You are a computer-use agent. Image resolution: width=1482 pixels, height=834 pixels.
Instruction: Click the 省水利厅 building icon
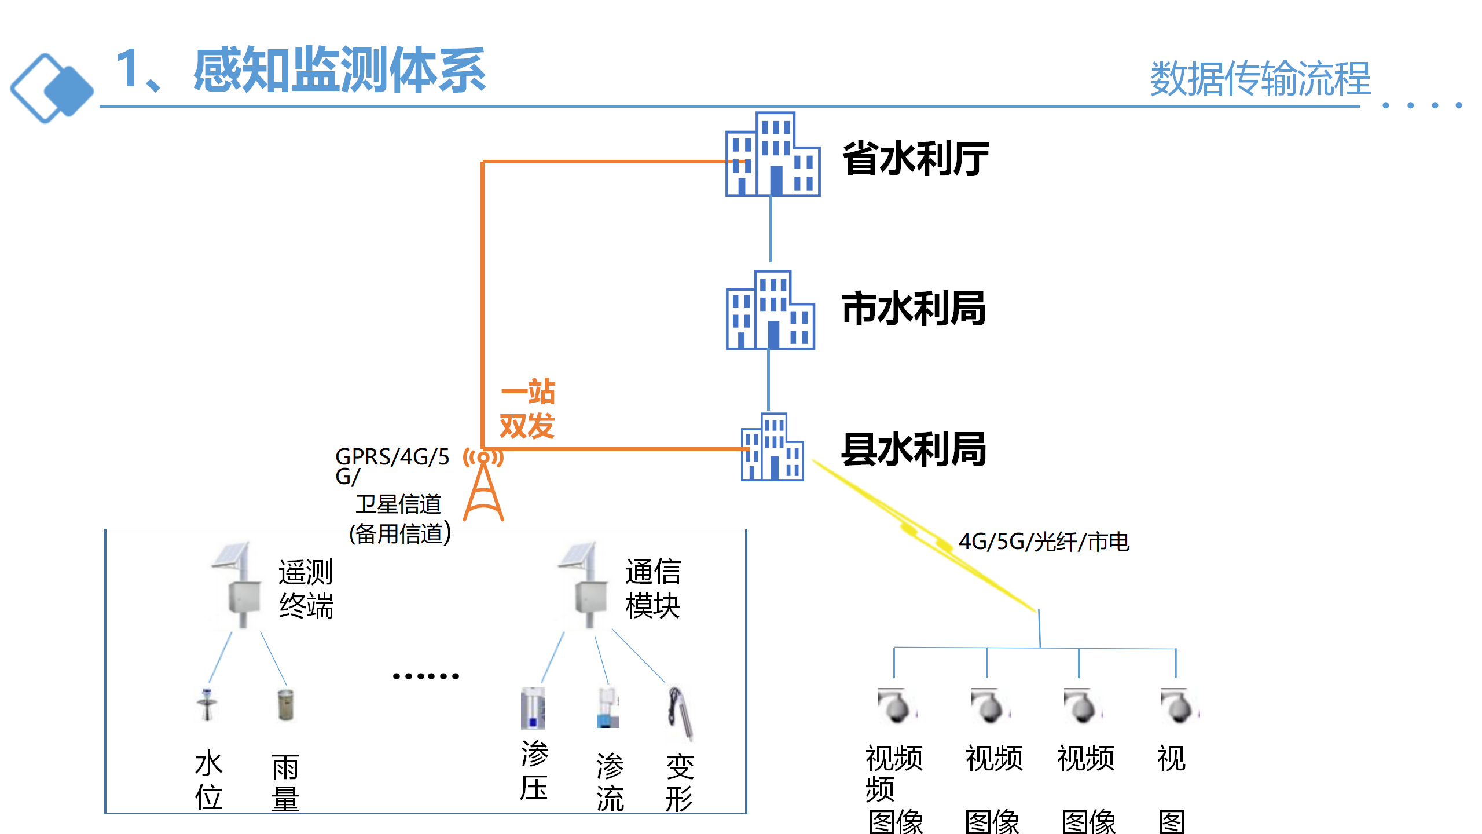pyautogui.click(x=772, y=155)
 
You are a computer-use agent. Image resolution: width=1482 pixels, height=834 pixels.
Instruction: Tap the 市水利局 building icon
pyautogui.click(x=770, y=310)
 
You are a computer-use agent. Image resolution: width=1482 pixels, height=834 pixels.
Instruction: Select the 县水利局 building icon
pyautogui.click(x=772, y=447)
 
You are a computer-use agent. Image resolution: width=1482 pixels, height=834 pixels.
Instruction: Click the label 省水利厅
pyautogui.click(x=915, y=159)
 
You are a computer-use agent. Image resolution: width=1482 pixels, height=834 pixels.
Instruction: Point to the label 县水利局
pyautogui.click(x=914, y=449)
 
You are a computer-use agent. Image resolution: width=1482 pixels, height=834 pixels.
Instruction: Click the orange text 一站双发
pyautogui.click(x=527, y=409)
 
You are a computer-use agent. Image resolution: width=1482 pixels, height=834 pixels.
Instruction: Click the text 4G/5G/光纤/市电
pyautogui.click(x=1043, y=542)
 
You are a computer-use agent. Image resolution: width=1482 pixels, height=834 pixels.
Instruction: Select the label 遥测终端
pyautogui.click(x=306, y=588)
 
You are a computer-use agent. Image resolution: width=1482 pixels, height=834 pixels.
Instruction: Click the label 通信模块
pyautogui.click(x=652, y=588)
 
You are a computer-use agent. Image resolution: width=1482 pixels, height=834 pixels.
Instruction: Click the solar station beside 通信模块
pyautogui.click(x=585, y=585)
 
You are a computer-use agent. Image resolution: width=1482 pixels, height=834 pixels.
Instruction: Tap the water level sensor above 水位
pyautogui.click(x=207, y=704)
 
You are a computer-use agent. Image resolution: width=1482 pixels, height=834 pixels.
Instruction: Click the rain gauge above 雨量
pyautogui.click(x=285, y=704)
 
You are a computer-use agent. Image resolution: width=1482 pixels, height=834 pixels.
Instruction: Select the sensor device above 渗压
pyautogui.click(x=533, y=708)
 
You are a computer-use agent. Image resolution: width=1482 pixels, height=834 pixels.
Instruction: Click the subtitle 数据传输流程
pyautogui.click(x=1260, y=79)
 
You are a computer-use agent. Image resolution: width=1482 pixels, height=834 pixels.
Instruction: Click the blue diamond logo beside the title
pyautogui.click(x=52, y=88)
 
